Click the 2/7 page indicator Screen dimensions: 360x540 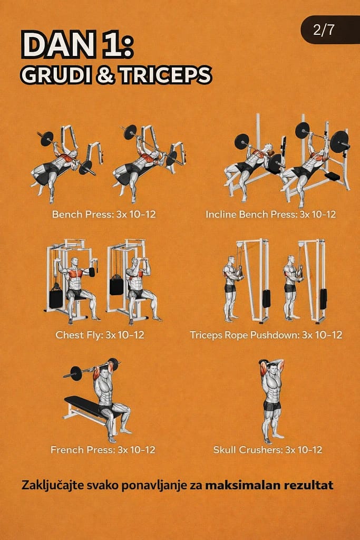click(324, 30)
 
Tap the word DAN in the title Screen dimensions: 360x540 click(59, 44)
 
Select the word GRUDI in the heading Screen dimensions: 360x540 click(57, 75)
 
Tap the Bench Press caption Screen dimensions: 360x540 click(104, 214)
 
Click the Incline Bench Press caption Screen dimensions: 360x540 click(270, 214)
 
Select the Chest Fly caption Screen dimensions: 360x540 click(100, 335)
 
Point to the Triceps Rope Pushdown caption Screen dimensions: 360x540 click(266, 335)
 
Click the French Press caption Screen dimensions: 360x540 click(103, 449)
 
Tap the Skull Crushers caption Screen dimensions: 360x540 click(267, 449)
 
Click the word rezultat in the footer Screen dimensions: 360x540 click(308, 485)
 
